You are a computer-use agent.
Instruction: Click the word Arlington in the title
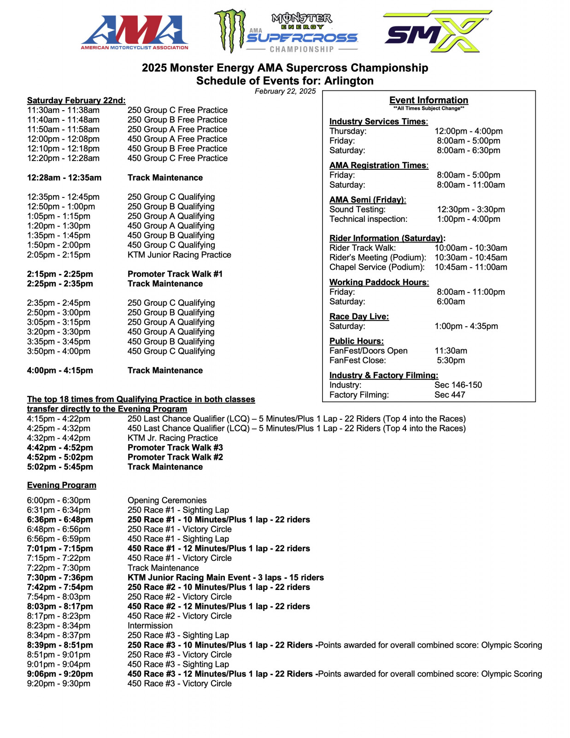(x=349, y=81)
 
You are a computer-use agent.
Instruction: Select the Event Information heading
(x=429, y=100)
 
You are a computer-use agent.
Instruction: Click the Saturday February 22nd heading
(x=76, y=100)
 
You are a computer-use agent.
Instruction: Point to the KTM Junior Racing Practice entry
(x=179, y=255)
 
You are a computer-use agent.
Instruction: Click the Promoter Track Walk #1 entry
(x=175, y=274)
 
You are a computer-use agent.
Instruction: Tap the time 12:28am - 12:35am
(x=64, y=178)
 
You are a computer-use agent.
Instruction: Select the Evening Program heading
(x=61, y=485)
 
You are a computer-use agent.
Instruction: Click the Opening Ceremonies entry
(x=167, y=500)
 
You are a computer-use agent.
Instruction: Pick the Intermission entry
(x=150, y=626)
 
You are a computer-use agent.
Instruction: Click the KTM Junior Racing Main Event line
(x=225, y=577)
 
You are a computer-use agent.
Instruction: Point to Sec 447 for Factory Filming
(x=450, y=395)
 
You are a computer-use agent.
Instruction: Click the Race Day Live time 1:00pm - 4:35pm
(x=466, y=326)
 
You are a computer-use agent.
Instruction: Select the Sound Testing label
(x=358, y=209)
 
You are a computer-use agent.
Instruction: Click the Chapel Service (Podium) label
(x=377, y=267)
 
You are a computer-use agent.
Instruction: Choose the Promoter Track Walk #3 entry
(x=175, y=447)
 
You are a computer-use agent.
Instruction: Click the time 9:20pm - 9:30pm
(x=59, y=684)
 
